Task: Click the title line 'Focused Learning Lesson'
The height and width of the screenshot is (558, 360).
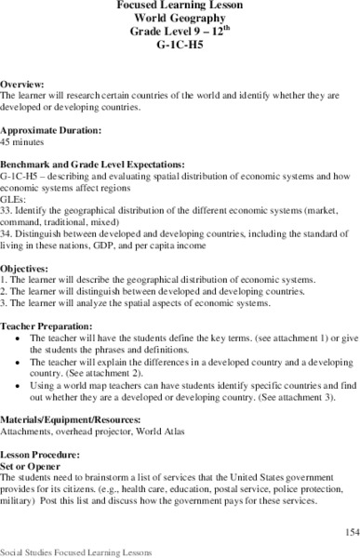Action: click(x=179, y=5)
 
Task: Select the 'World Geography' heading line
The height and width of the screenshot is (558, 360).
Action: click(x=179, y=18)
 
